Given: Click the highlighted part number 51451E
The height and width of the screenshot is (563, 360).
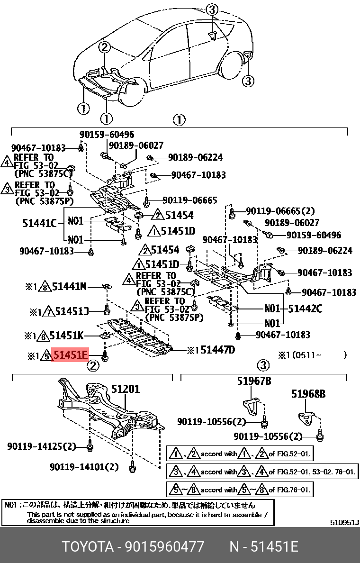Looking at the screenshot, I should [x=70, y=354].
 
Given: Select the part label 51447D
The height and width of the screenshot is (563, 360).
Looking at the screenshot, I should [x=217, y=350].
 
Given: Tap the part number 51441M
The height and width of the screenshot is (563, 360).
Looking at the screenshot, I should [x=69, y=286].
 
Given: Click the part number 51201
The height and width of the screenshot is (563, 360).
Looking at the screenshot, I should [x=126, y=389].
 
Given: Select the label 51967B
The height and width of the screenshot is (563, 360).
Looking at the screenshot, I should [x=254, y=381].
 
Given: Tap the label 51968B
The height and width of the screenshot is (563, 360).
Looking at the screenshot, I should [x=308, y=393].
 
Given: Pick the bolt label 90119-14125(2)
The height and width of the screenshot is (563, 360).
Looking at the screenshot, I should [x=42, y=446].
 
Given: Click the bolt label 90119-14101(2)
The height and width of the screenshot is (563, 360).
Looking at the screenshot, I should [x=84, y=467].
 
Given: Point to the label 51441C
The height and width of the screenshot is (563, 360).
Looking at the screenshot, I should [x=39, y=222].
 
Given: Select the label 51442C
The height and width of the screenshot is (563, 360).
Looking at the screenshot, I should [x=306, y=309].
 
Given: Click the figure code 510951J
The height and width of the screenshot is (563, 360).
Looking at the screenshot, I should [x=344, y=523].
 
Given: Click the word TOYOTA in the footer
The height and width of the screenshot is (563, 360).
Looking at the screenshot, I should [x=88, y=547].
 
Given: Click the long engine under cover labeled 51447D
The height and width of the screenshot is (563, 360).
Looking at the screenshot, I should [x=137, y=338].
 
